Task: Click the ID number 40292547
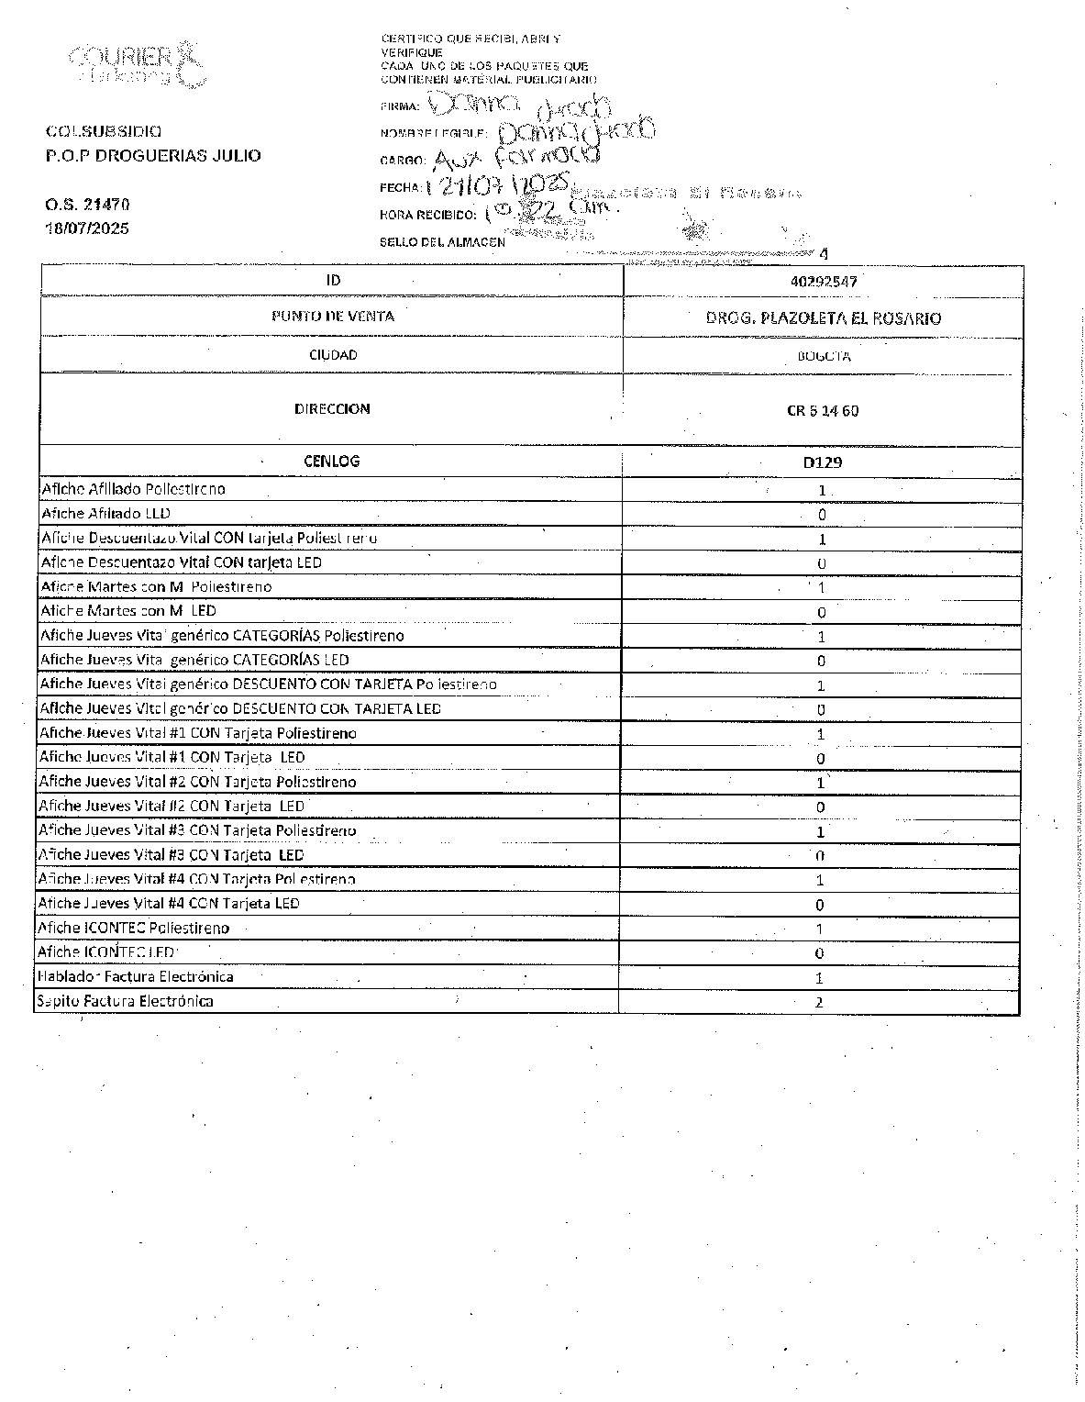(x=823, y=282)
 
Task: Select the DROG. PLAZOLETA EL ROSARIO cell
(x=823, y=318)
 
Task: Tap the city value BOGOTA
(x=823, y=356)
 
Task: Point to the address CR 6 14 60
(x=823, y=410)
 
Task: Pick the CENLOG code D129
(x=822, y=462)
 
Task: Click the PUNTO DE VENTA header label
(x=332, y=316)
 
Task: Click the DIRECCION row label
(x=332, y=409)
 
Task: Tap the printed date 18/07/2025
(x=87, y=228)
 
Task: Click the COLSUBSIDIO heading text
(x=104, y=131)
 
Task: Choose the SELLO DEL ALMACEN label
(x=442, y=242)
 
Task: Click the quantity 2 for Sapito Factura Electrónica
(x=819, y=1002)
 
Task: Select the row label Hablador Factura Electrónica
(x=135, y=976)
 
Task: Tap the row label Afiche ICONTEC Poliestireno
(x=134, y=928)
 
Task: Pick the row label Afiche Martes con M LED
(x=128, y=610)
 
